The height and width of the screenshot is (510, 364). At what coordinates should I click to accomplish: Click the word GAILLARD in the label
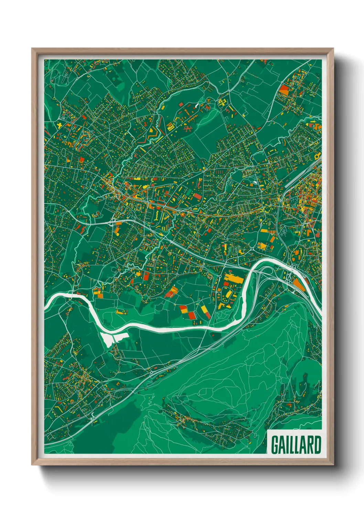[x=296, y=445]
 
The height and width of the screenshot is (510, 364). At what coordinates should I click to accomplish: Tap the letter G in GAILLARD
[x=275, y=445]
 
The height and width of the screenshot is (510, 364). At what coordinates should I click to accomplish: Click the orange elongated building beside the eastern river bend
[x=298, y=285]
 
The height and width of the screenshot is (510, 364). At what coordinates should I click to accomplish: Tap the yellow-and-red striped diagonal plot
[x=206, y=312]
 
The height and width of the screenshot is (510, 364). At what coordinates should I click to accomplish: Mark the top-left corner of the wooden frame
[x=32, y=49]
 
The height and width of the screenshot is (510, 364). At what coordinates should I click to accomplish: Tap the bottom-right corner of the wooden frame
[x=333, y=465]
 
